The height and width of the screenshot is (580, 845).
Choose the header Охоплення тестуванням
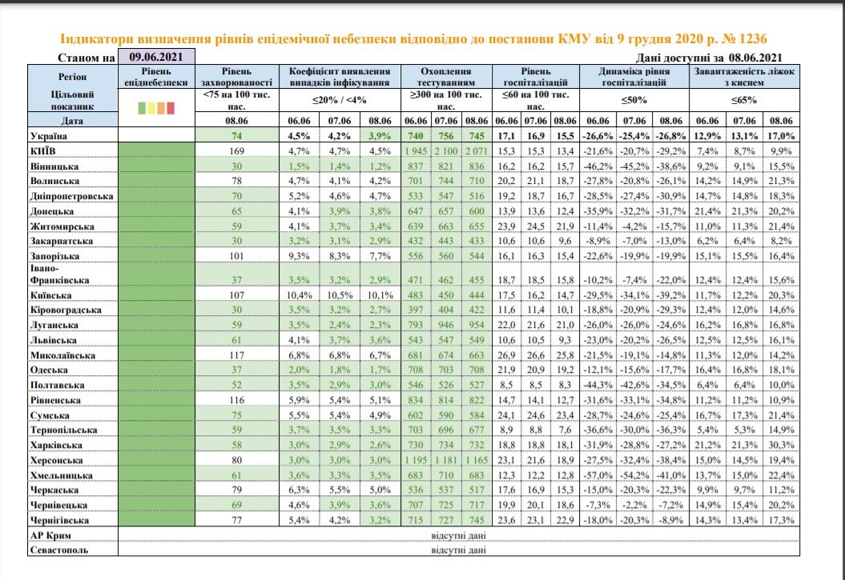coord(444,76)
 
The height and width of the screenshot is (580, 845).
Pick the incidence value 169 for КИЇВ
coord(235,150)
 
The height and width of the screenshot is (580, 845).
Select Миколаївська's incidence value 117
coord(235,355)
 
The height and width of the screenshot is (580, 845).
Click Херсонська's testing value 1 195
coord(416,461)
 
